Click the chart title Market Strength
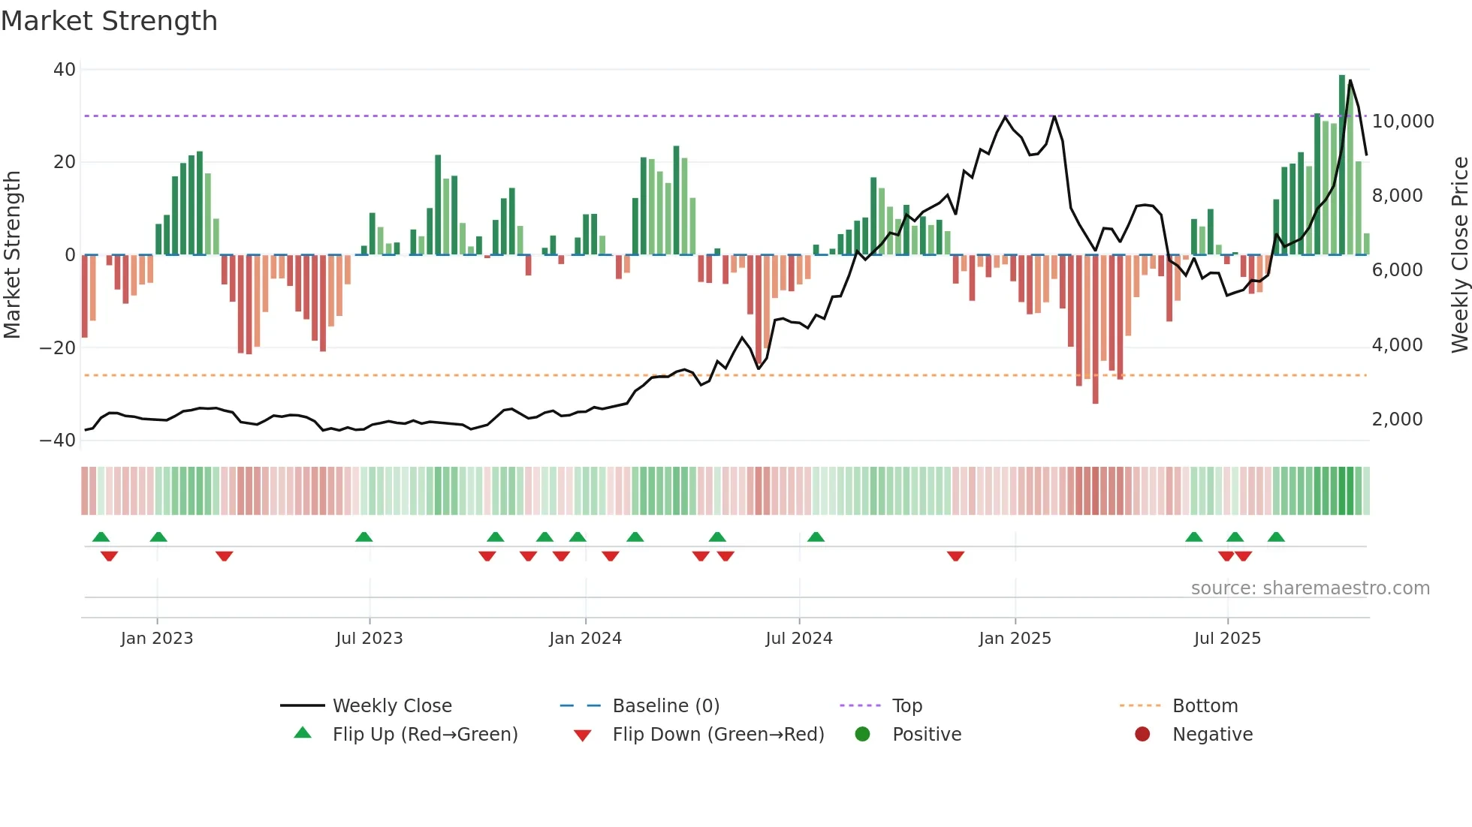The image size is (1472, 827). pos(109,21)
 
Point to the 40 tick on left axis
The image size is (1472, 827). pos(65,70)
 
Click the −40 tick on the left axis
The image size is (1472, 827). pos(58,441)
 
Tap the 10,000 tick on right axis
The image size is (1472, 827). pos(1402,122)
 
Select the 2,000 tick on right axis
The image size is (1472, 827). pos(1397,420)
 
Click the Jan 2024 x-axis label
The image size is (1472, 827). pos(585,639)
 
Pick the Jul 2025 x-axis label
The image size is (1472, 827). pos(1227,639)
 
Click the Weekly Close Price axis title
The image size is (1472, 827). pos(1459,255)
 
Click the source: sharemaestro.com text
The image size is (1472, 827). pos(1310,588)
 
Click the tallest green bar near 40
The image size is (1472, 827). pos(1342,165)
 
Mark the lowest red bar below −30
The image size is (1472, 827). pos(1095,330)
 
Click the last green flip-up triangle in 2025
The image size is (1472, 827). pos(1276,537)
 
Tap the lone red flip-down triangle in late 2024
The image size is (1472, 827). pos(955,556)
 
